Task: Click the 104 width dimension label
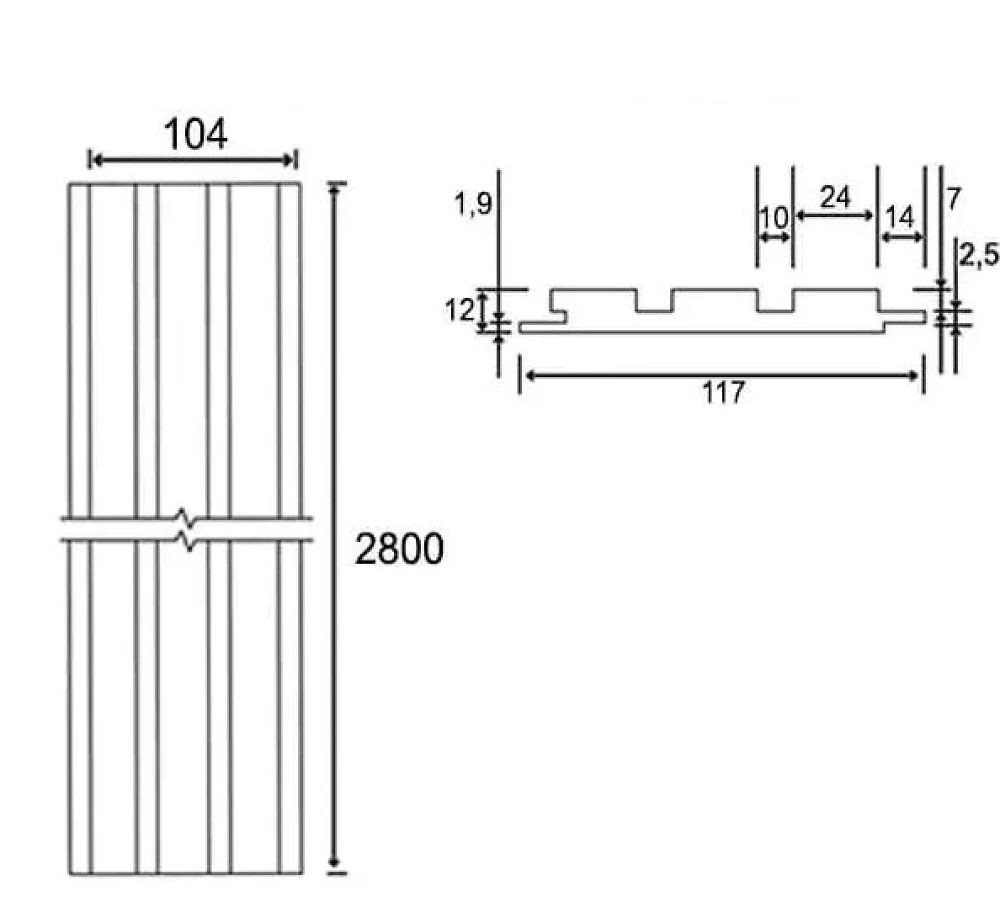coord(195,135)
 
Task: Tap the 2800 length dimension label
coord(399,549)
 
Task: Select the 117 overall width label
coord(723,393)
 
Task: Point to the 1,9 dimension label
coord(473,204)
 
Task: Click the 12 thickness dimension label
coord(460,311)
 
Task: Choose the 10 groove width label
coord(775,218)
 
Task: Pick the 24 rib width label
coord(835,197)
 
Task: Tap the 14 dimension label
coord(900,218)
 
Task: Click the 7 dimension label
coord(953,200)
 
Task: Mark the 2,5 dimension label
coord(980,255)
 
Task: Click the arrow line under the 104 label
coord(193,159)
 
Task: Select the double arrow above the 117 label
coord(722,376)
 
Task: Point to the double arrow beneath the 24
coord(835,216)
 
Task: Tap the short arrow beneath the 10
coord(775,238)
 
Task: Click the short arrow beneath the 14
coord(901,237)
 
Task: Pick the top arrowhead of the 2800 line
coord(334,187)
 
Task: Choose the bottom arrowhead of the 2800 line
coord(334,863)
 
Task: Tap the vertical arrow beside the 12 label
coord(483,311)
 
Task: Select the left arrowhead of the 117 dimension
coord(529,376)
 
